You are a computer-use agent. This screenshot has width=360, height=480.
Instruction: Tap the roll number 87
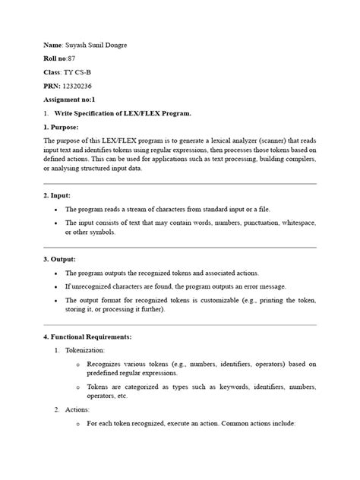click(71, 58)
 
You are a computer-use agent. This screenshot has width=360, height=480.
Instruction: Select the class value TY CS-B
click(78, 71)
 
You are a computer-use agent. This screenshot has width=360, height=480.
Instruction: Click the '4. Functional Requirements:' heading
click(88, 336)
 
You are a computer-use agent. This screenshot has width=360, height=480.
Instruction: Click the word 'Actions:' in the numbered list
click(78, 409)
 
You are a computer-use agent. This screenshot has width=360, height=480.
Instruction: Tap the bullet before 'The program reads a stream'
click(58, 208)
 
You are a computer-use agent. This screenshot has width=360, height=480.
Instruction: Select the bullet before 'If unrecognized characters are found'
click(58, 286)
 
